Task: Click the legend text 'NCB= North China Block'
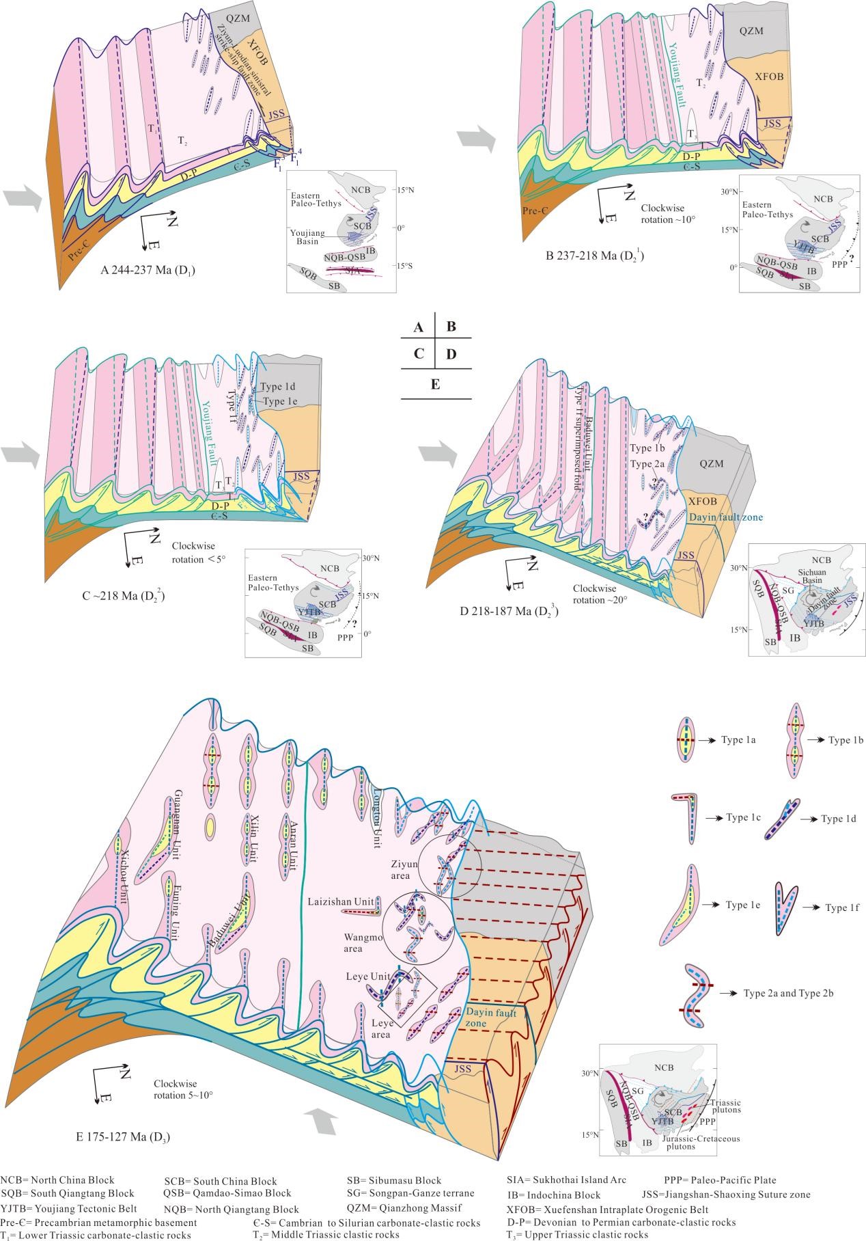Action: click(57, 1179)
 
